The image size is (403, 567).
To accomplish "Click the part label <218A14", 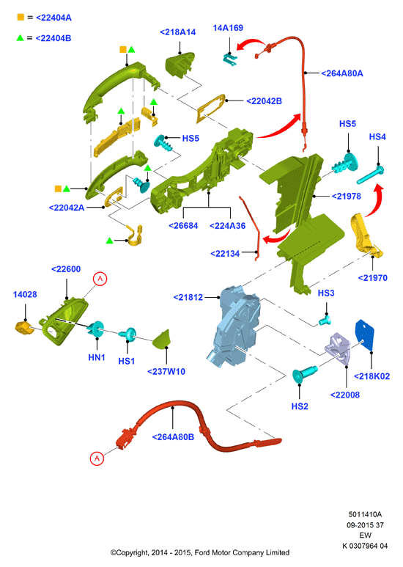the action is tap(177, 32).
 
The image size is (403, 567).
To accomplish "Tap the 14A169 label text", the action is tap(228, 28).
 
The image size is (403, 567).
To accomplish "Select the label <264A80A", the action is tap(342, 73).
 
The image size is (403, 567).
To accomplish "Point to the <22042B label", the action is tap(264, 101).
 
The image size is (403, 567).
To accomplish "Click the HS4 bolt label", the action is tap(377, 136).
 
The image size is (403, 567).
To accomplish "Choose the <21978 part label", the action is tap(347, 197).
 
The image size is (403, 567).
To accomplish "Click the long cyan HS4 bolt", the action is tap(371, 175).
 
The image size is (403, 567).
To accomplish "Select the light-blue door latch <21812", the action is tap(235, 326).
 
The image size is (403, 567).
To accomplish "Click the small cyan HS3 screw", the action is tap(325, 320).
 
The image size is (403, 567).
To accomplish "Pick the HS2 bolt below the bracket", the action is tap(304, 373).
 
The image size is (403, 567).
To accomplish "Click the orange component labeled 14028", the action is tap(24, 327).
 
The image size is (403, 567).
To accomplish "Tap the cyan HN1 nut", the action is tap(96, 329).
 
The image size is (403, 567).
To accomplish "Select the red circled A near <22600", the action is tap(100, 279).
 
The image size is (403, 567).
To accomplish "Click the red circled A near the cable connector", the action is tap(97, 458).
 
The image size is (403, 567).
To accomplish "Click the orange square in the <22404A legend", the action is tap(21, 17).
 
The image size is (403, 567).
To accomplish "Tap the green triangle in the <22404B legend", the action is tap(21, 37).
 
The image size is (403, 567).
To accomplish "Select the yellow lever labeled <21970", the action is tap(365, 235).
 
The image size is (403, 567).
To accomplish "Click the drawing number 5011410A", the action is tap(365, 514).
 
